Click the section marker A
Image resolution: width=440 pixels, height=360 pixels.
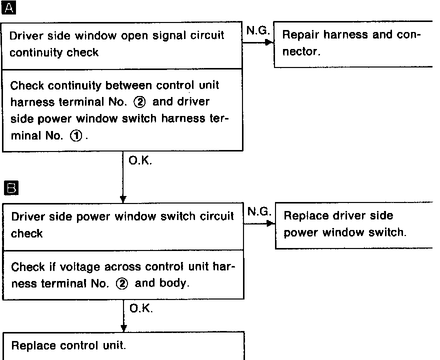pos(9,8)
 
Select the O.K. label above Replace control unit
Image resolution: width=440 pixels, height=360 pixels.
pos(141,309)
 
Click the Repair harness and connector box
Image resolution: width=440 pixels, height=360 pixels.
pos(352,43)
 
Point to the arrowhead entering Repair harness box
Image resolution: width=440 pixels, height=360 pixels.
pos(270,42)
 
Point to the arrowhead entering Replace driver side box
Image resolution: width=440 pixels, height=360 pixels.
pos(271,223)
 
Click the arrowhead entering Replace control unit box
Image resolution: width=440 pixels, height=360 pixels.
pos(123,327)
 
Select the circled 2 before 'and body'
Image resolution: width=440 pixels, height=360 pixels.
pos(122,283)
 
